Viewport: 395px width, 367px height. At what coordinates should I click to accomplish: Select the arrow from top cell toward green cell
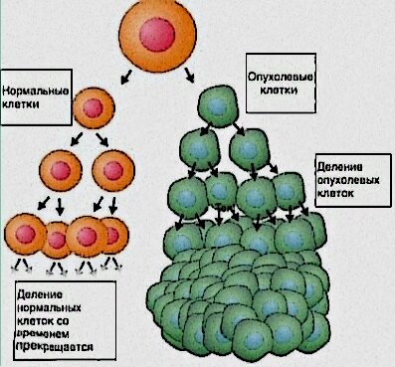pos(190,74)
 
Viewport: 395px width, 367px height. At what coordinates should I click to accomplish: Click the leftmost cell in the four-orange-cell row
pos(27,236)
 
